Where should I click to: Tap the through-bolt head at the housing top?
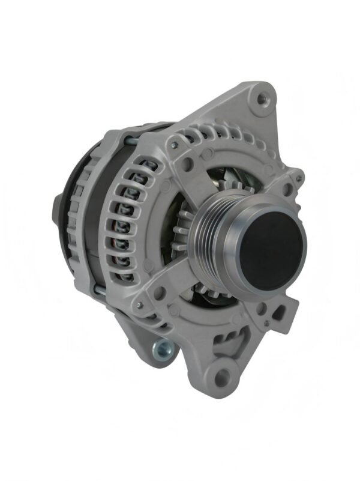tap(173, 144)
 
